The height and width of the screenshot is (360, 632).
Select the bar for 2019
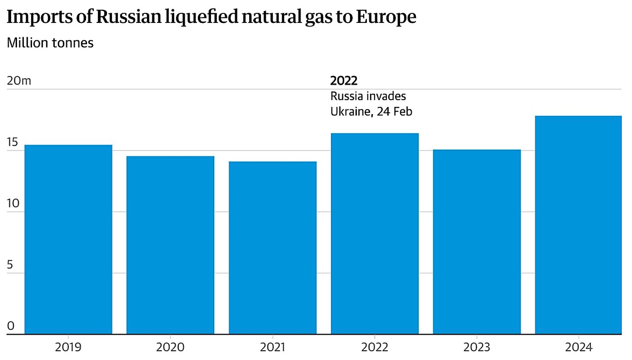(68, 239)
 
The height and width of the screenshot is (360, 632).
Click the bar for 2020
(170, 245)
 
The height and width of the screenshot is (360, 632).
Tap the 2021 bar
(273, 248)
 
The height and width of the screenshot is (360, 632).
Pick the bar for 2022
(375, 234)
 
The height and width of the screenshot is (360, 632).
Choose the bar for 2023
(477, 242)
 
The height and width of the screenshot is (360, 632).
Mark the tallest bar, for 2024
(578, 225)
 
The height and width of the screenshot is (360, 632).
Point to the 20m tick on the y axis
(19, 81)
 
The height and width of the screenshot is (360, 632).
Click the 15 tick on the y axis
(12, 142)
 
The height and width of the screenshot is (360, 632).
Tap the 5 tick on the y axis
(10, 265)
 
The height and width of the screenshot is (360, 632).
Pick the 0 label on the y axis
(10, 326)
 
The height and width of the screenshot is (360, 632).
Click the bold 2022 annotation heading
(344, 81)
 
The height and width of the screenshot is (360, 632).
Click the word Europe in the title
(386, 17)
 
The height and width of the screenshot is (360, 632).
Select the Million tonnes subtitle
(50, 43)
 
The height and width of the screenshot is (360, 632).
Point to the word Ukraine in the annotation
(350, 112)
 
